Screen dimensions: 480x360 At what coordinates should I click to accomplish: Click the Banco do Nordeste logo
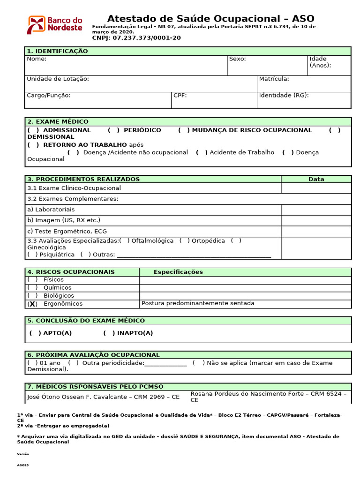[55, 24]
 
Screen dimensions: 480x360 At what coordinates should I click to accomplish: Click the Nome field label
[37, 59]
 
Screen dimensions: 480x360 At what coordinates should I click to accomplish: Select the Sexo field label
[237, 59]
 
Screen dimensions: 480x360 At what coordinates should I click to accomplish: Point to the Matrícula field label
[274, 79]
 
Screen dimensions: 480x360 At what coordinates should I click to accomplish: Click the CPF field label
[180, 96]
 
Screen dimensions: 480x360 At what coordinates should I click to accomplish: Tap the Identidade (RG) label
[284, 96]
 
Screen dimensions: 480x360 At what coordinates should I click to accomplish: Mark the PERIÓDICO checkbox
[113, 130]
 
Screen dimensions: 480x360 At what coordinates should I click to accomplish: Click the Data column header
[316, 179]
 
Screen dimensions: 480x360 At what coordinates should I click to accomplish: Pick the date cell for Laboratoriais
[316, 210]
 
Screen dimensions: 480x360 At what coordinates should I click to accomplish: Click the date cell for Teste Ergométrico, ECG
[316, 232]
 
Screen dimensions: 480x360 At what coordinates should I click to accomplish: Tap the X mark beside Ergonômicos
[32, 304]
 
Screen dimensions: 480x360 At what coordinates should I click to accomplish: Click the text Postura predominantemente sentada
[198, 303]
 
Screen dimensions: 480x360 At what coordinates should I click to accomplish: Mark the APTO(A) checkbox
[35, 333]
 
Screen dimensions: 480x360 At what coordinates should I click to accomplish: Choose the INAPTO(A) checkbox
[109, 333]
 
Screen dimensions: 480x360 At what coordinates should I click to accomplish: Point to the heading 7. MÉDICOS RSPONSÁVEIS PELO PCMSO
[95, 387]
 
